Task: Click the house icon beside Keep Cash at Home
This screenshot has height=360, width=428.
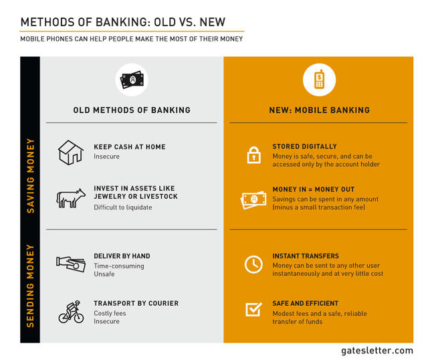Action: coord(71,153)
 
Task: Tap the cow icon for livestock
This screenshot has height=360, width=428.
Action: coord(71,198)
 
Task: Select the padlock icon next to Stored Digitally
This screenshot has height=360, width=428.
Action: coord(254,155)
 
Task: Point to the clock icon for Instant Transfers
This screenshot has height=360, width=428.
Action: coord(253,264)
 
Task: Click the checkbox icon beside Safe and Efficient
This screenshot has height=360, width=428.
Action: coord(253,309)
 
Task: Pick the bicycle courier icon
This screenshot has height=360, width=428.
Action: coord(72,312)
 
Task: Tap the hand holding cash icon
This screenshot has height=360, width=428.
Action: coord(71,264)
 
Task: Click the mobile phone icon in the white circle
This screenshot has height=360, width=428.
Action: coord(320,80)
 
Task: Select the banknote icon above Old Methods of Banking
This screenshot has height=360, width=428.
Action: coord(132,80)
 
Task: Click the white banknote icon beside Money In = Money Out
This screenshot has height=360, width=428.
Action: coord(253,200)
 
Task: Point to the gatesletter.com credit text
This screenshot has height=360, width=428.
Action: coord(377,351)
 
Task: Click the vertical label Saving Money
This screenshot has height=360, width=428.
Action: coord(30,175)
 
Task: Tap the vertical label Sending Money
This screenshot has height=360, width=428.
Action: coord(30,286)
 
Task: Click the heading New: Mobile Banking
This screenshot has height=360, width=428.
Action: coord(320,110)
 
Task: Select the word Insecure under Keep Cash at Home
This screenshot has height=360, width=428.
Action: coord(106,157)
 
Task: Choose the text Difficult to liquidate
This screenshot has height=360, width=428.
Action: coord(123,207)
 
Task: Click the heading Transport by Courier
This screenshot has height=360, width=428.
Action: coord(136,303)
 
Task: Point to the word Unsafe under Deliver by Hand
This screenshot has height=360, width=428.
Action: coord(104,274)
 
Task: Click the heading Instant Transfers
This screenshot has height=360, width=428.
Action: coord(306,256)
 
